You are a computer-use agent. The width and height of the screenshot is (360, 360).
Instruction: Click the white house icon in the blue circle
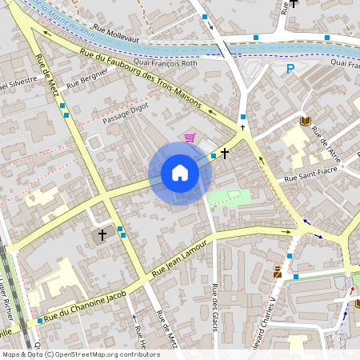180,173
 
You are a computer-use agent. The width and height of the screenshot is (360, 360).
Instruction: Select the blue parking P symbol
290,70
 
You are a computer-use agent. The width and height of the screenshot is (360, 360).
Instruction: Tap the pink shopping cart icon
190,138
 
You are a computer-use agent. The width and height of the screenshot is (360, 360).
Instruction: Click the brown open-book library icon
305,121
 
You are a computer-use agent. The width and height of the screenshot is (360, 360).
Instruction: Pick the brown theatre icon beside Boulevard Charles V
277,273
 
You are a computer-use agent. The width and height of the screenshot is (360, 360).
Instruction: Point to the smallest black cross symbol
242,127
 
